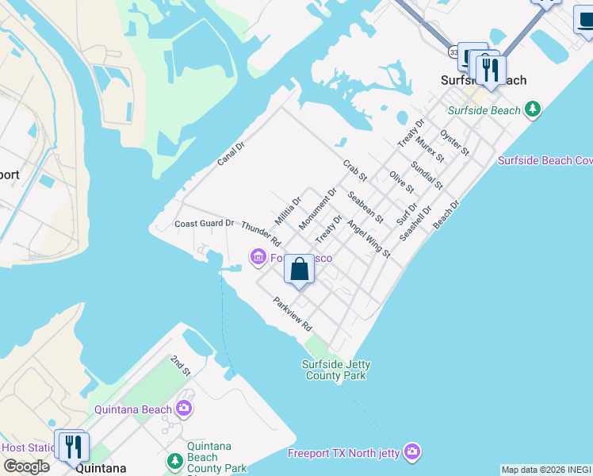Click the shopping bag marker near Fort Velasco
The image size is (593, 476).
coord(300,269)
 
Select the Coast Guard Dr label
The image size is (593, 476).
coord(205,224)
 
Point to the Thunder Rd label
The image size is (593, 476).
coord(261,233)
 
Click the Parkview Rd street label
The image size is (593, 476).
coord(293,314)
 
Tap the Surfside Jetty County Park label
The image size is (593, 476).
coord(336,370)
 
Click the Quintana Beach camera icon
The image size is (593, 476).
coord(184,409)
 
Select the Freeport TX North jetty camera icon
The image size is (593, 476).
coord(411,453)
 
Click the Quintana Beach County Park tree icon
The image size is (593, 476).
coord(174,460)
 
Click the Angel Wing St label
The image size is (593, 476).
coord(369,239)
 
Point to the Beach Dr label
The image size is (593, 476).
coord(446,215)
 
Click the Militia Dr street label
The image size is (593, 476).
coord(288,210)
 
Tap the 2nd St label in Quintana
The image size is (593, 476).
coord(181,366)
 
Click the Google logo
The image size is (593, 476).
coord(25,466)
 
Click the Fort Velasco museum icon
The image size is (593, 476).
coord(258,257)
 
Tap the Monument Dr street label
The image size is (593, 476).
coord(318,209)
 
